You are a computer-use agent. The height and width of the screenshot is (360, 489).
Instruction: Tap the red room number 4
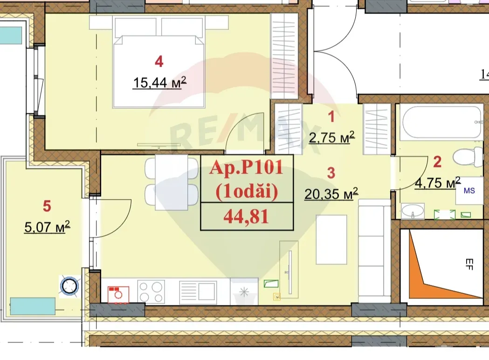(x=159, y=61)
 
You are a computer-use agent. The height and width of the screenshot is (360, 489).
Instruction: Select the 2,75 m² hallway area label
(x=332, y=137)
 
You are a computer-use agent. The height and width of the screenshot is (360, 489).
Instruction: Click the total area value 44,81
(x=247, y=217)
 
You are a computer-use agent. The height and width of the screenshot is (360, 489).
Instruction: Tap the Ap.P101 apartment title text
(x=247, y=168)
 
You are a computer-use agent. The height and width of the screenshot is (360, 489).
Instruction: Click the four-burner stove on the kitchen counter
(x=152, y=292)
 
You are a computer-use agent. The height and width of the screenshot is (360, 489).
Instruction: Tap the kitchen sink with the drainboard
(x=198, y=292)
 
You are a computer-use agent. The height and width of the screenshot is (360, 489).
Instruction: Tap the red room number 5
(x=47, y=205)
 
